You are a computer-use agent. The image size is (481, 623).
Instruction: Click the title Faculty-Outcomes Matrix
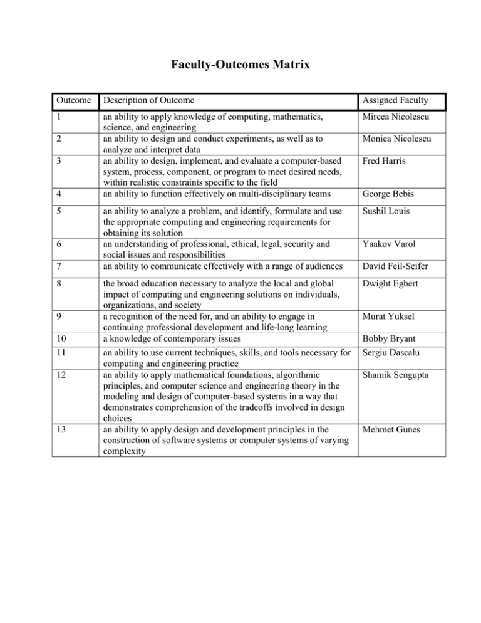pos(240,63)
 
